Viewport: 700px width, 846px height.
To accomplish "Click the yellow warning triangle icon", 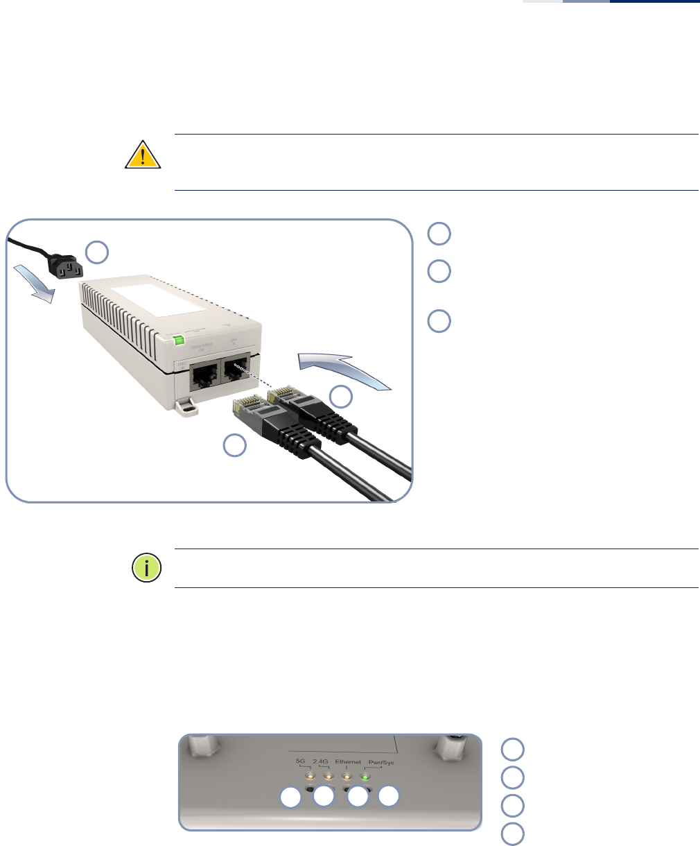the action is tap(143, 155).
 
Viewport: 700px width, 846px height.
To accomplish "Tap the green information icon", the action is tap(146, 568).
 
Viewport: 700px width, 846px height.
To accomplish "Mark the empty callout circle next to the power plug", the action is tap(97, 252).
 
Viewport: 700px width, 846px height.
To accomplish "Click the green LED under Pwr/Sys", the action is tap(365, 776).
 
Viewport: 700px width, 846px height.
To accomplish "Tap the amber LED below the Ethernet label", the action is tap(346, 776).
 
